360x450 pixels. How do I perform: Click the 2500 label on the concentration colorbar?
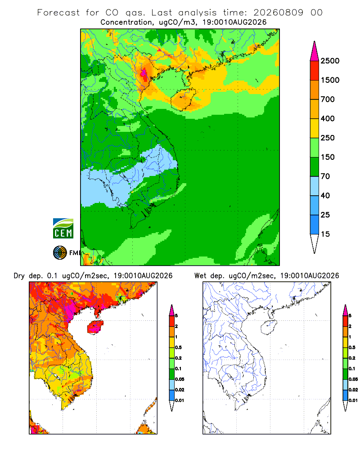click(x=330, y=61)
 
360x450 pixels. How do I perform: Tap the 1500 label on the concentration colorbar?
click(x=330, y=80)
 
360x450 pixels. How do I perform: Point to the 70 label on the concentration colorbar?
click(x=325, y=176)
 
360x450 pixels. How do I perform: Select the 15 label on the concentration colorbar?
click(x=325, y=234)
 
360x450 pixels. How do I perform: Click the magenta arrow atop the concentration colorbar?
click(x=315, y=51)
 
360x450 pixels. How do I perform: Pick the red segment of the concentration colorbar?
click(x=315, y=71)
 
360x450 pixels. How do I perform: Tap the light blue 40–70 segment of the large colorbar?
click(x=315, y=186)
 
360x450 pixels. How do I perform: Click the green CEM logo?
click(x=63, y=229)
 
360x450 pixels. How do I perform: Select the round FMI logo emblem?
click(x=60, y=253)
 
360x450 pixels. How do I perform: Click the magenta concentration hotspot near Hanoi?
click(x=144, y=73)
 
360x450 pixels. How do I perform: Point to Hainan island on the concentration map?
click(x=183, y=99)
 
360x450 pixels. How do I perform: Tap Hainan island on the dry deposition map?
click(x=95, y=327)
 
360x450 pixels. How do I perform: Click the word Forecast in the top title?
click(x=58, y=13)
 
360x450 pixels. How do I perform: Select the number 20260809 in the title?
click(x=278, y=13)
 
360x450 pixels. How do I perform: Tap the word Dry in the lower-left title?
click(x=19, y=276)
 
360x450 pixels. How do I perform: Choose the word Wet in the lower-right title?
click(x=200, y=276)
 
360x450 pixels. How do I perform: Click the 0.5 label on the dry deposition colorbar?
click(x=178, y=347)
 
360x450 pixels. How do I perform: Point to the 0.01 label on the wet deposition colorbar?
click(x=353, y=400)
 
